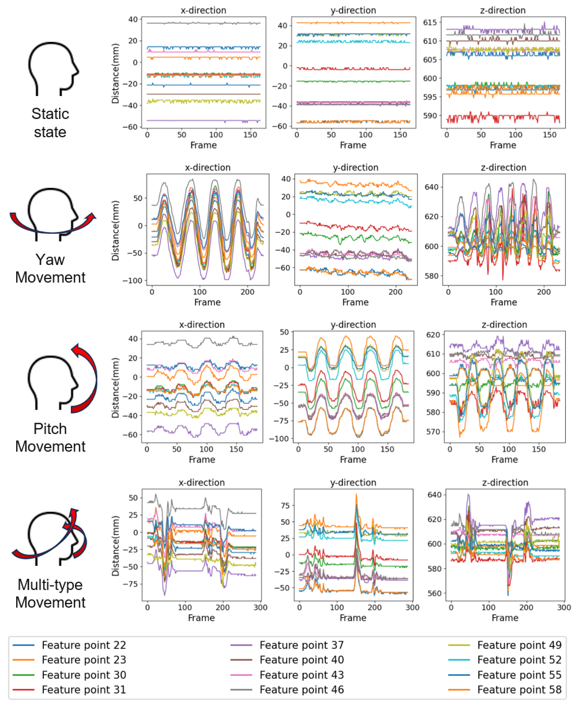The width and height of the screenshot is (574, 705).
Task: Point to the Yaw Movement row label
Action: coord(50,268)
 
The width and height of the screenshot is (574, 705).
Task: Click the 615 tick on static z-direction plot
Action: coord(430,22)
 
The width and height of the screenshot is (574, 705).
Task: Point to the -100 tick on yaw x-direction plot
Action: coord(132,280)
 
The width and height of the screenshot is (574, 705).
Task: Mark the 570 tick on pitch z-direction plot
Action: coord(433,432)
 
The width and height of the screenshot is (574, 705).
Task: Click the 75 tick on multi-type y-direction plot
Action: coord(285,505)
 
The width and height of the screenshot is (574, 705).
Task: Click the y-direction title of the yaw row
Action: coord(356,168)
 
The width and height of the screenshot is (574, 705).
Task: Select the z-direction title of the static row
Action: coord(503,10)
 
